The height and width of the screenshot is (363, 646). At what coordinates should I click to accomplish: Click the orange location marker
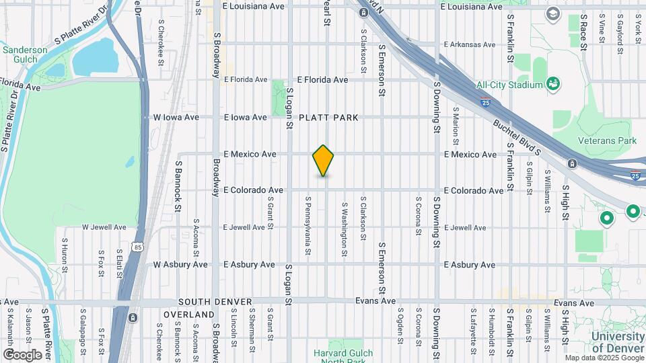click(324, 161)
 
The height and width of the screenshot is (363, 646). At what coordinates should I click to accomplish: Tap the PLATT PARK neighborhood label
click(329, 118)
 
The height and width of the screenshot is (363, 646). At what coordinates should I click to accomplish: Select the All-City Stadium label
click(509, 85)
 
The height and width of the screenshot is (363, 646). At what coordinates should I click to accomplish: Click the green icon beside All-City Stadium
click(554, 84)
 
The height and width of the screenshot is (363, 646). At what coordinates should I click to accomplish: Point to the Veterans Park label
click(608, 140)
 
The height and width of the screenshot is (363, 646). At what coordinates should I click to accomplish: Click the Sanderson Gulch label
click(25, 54)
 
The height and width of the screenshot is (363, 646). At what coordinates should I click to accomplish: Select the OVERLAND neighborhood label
click(188, 315)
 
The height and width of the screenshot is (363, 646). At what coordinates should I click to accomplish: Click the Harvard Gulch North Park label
click(338, 357)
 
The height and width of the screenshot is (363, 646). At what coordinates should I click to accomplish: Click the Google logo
click(22, 354)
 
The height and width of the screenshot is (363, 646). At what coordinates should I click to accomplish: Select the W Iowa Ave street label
click(176, 117)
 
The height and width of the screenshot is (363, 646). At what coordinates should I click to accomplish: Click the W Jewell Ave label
click(104, 227)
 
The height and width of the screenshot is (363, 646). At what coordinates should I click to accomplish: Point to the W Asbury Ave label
click(180, 265)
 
